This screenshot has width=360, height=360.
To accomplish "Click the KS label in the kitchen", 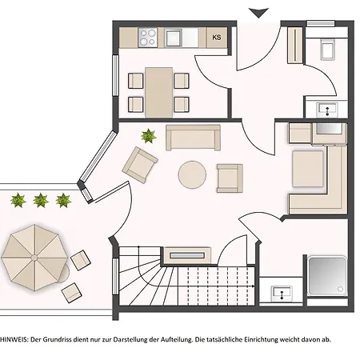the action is coord(217,38).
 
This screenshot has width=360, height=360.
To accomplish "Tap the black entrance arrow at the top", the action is coord(258,13).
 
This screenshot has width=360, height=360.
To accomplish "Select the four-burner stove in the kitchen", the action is coord(147,37).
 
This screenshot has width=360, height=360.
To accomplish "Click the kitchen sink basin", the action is coord(174,38).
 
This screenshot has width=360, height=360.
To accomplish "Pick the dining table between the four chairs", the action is coord(158,92).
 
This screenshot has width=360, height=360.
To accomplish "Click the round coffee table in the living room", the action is coord(192,174).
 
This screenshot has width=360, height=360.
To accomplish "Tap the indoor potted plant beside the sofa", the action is coord(148,136).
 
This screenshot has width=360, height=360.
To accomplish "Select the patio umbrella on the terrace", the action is coord(34,258).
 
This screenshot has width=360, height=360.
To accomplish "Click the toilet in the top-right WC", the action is coord(327,49).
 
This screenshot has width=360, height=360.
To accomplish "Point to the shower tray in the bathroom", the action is coord(327,276).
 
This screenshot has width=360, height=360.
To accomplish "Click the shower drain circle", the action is coord(340,289).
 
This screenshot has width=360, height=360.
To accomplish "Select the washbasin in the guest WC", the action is coord(327,110).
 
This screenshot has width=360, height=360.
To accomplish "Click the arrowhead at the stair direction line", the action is coord(253,286).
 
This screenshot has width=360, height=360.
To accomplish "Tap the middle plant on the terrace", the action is coord(41,200).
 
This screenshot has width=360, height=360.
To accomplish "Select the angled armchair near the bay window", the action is coord(140,165).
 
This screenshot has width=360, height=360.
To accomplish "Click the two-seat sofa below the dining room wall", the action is coord(193,138).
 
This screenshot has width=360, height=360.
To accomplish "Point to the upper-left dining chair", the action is coord(135,81).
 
